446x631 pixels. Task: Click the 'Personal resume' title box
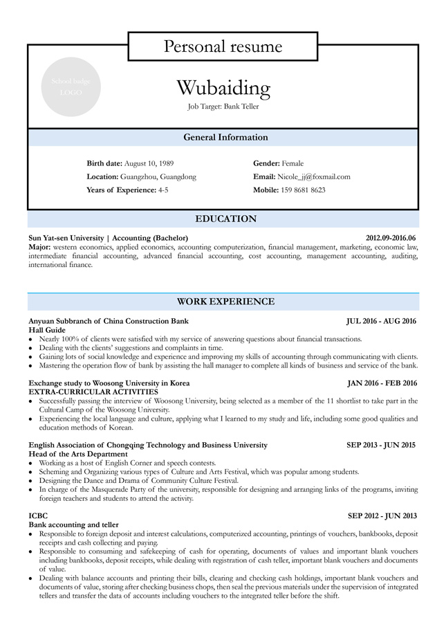pos(223,46)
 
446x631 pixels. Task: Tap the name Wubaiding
pos(223,88)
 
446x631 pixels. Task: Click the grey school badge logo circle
pos(71,86)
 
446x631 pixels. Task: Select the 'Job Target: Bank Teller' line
pos(223,107)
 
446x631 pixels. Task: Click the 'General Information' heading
pos(225,137)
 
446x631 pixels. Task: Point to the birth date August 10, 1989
pos(149,163)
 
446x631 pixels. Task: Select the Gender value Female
pos(292,163)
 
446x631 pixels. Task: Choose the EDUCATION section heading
pos(225,219)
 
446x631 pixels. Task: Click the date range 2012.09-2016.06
pos(391,237)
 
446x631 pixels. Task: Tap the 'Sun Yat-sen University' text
pos(66,237)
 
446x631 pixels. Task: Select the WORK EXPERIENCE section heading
pos(225,302)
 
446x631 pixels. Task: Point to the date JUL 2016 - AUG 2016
pos(382,321)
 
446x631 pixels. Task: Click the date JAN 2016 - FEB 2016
pos(382,383)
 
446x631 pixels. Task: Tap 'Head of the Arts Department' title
pos(77,454)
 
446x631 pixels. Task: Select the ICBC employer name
pos(38,515)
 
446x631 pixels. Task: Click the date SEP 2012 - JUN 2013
pos(382,515)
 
